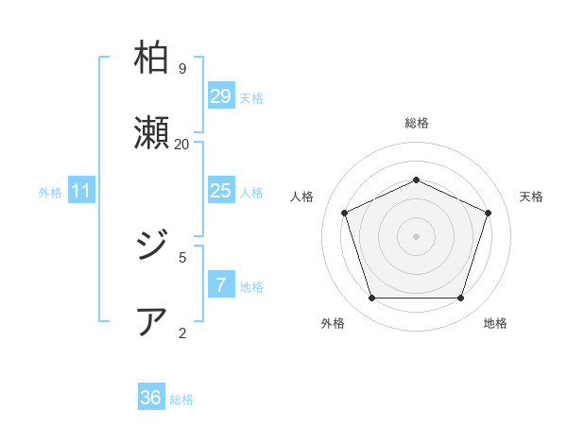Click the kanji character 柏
(x=152, y=60)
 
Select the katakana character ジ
(x=152, y=248)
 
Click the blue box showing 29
(x=220, y=96)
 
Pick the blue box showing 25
(x=220, y=191)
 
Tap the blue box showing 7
(x=220, y=285)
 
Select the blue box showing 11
(x=81, y=191)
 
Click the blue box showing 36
(x=151, y=398)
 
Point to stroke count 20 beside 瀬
(x=181, y=144)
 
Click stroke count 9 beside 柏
(x=181, y=69)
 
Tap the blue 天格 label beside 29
(x=251, y=98)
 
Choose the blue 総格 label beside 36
(x=181, y=400)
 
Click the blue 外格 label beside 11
(x=50, y=193)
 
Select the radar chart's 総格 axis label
(x=416, y=123)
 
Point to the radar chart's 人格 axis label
(x=301, y=196)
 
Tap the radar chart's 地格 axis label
(x=495, y=323)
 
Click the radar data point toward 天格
(x=488, y=213)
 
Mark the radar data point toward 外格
(x=371, y=299)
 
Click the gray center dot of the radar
(x=416, y=235)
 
